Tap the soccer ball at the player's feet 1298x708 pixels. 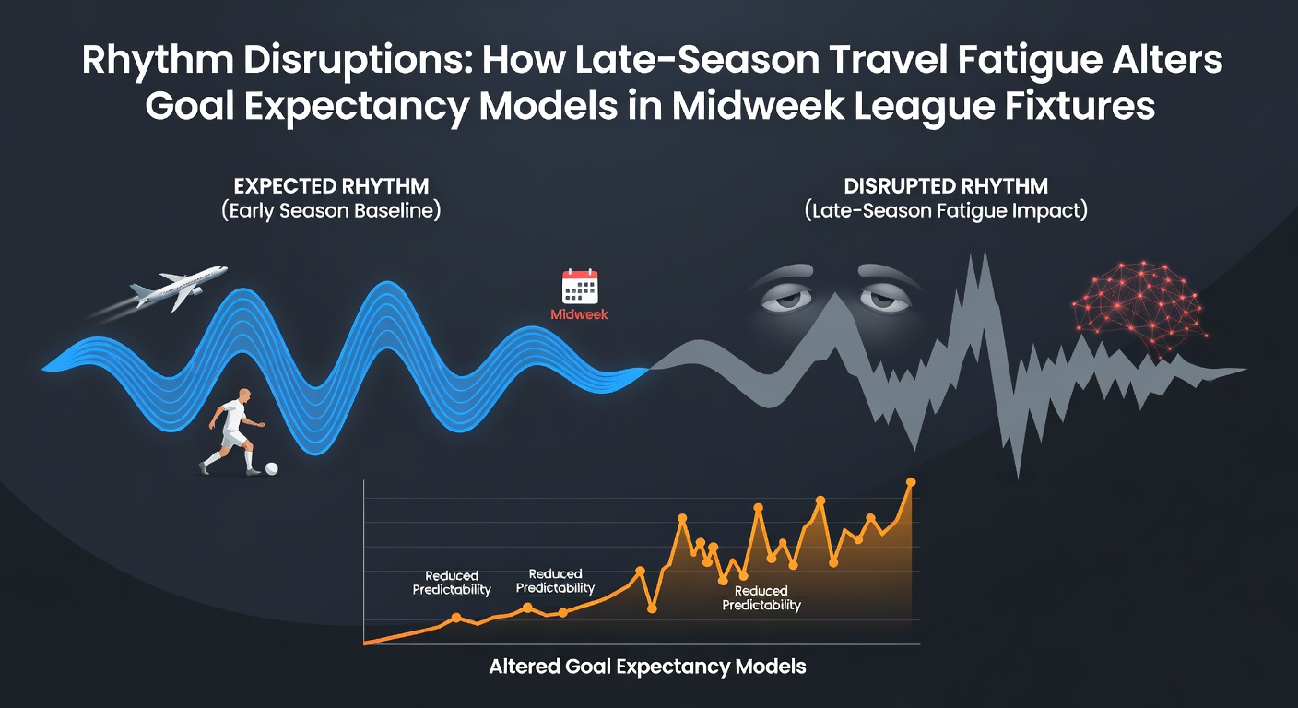[x=271, y=468]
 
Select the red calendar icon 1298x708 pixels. [x=580, y=286]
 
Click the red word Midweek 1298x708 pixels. [x=579, y=314]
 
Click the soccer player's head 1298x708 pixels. [x=244, y=397]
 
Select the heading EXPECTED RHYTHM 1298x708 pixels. [x=332, y=186]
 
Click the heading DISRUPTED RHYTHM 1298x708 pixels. [x=946, y=186]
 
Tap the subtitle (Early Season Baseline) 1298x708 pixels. [x=331, y=210]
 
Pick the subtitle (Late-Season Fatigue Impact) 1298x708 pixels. [x=946, y=210]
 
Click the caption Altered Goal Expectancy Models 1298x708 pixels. [x=647, y=667]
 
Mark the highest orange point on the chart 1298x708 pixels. [x=910, y=482]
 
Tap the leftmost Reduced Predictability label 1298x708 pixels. [x=452, y=583]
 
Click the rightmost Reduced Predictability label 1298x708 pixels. [x=761, y=598]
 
